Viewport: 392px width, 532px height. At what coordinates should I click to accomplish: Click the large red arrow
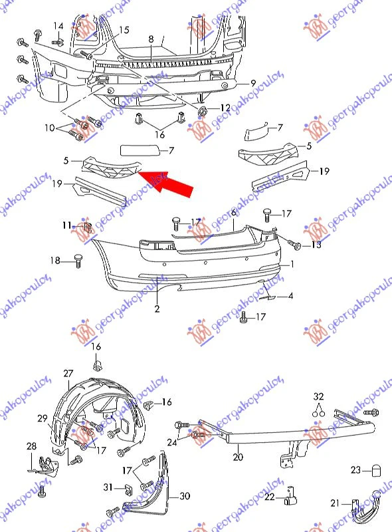click(x=166, y=184)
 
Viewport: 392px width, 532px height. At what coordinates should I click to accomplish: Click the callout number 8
click(x=151, y=39)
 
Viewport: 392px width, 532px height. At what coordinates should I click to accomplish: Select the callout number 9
click(x=253, y=83)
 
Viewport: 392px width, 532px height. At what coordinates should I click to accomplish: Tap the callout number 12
click(x=225, y=108)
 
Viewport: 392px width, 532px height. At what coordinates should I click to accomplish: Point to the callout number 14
click(x=58, y=26)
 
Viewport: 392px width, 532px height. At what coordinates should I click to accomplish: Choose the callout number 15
click(x=124, y=30)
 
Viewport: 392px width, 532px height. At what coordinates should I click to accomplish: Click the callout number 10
click(x=50, y=128)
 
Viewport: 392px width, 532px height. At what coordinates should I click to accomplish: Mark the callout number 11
click(x=67, y=225)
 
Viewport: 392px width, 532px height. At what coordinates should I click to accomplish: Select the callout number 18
click(x=55, y=260)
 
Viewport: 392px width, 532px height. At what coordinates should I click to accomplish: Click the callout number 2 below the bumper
click(x=157, y=309)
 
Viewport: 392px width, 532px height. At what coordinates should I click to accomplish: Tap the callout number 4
click(x=290, y=296)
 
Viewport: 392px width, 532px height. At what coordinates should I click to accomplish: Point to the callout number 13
click(x=316, y=244)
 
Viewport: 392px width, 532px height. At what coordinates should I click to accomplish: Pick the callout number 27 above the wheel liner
click(x=68, y=373)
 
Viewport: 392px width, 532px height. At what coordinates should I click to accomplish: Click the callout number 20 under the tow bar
click(x=238, y=457)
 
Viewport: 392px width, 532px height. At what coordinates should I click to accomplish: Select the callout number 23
click(x=355, y=470)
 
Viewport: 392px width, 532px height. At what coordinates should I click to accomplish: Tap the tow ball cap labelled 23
click(x=376, y=471)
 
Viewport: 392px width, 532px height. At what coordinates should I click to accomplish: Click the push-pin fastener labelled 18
click(x=78, y=260)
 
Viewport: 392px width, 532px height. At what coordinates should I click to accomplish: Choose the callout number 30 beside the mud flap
click(x=185, y=496)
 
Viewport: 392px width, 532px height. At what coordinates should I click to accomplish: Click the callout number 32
click(x=319, y=396)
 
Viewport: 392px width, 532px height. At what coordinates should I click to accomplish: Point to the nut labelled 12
click(x=203, y=111)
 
